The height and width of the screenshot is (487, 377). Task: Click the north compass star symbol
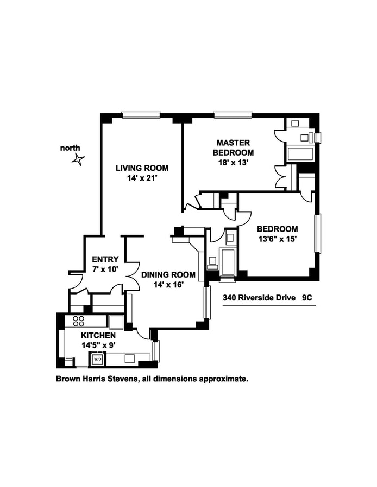coord(79,159)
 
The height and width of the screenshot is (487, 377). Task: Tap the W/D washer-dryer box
coord(97,358)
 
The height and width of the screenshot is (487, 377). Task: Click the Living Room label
coord(142,168)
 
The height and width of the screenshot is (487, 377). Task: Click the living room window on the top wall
coord(141,114)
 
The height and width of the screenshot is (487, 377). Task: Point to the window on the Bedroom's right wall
coord(319,233)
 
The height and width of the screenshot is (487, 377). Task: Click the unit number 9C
coord(309,298)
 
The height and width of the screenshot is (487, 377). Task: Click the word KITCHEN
coord(98,336)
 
